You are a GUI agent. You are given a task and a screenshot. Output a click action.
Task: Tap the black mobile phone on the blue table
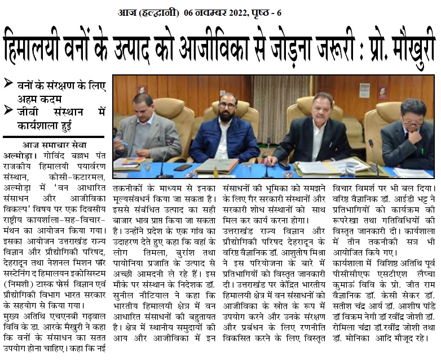(x=183, y=167)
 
